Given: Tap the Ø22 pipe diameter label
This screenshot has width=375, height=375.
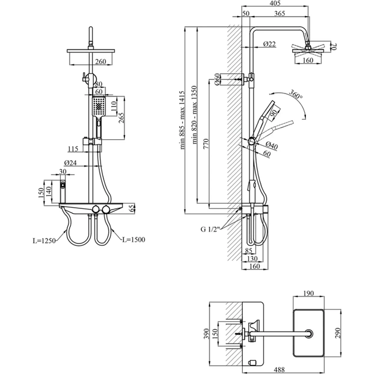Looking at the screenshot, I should click(268, 43).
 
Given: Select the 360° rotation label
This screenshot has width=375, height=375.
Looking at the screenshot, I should click(295, 95).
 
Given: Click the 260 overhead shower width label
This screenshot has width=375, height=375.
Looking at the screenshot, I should click(101, 61).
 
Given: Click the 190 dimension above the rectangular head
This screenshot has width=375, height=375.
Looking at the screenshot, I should click(309, 293).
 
